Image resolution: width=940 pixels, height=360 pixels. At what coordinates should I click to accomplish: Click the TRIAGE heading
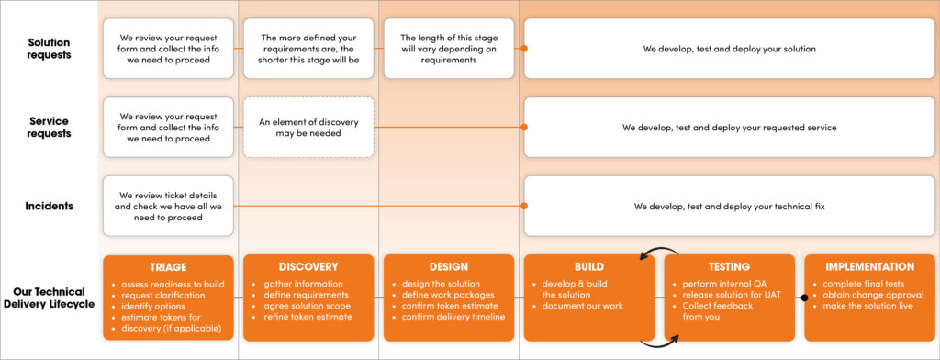[x=168, y=267]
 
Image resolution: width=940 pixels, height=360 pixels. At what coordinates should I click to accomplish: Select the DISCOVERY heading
[x=308, y=267]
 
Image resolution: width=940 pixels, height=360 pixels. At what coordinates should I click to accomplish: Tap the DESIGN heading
[x=449, y=267]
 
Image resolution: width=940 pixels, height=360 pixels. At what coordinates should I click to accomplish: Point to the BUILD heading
[x=588, y=267]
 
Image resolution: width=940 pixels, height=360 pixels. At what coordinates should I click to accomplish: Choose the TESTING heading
[x=729, y=267]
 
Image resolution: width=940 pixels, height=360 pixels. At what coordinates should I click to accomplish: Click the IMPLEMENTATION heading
[x=868, y=267]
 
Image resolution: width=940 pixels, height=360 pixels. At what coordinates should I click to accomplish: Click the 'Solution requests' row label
[x=50, y=48]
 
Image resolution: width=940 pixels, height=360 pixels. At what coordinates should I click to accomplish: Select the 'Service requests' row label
[x=50, y=127]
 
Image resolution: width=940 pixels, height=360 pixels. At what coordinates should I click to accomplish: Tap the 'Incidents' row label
[x=50, y=206]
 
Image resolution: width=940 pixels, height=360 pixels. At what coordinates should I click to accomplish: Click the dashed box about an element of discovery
[x=308, y=128]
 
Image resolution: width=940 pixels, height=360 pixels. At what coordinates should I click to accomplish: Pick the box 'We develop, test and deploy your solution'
[x=729, y=49]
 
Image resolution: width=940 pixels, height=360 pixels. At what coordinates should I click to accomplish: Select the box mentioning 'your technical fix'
[x=729, y=207]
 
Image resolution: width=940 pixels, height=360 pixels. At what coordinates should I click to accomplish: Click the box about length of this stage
[x=449, y=49]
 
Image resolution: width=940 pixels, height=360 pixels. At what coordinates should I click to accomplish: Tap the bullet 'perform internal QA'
[x=725, y=284]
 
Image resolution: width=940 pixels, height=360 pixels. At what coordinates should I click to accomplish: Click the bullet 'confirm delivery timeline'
[x=453, y=317]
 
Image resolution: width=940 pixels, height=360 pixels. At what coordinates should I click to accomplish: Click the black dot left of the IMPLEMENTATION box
[x=804, y=298]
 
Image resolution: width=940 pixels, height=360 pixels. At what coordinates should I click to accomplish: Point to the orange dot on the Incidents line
[x=524, y=207]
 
